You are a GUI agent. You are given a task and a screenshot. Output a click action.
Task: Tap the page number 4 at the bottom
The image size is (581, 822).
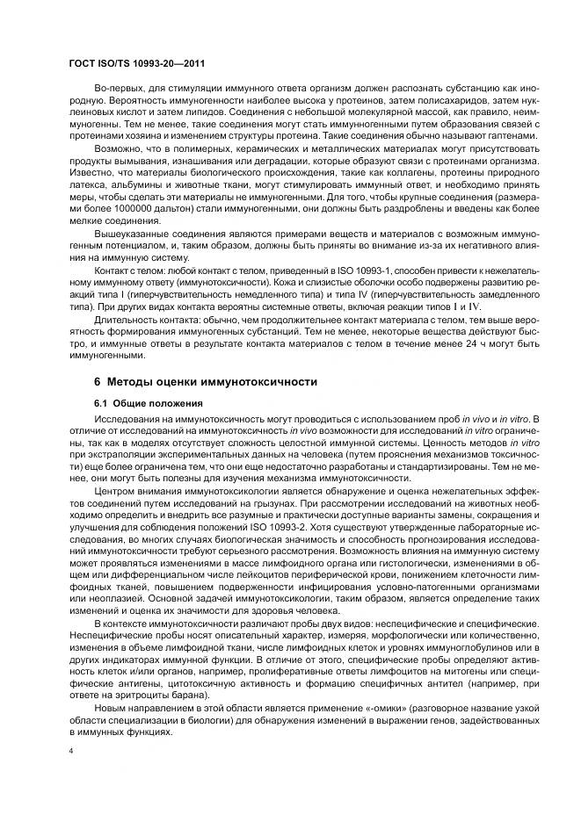70,751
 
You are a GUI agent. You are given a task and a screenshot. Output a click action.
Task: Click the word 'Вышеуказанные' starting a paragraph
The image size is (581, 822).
133,236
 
